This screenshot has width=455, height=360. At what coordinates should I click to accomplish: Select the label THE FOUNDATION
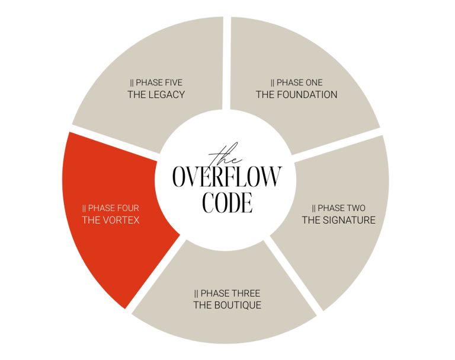[x=296, y=95]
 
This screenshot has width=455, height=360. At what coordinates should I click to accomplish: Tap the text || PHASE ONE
[x=296, y=82]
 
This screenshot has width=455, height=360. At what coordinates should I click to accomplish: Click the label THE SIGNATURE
[x=338, y=221]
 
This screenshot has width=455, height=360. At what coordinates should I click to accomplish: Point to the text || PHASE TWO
[x=339, y=208]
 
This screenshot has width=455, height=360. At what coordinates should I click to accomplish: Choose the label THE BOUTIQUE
[x=227, y=305]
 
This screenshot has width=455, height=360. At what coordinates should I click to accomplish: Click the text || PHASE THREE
[x=227, y=294]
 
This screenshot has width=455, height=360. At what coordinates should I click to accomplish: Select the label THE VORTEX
[x=110, y=221]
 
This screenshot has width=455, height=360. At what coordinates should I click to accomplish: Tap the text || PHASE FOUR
[x=111, y=208]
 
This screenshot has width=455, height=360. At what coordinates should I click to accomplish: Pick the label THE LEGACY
[x=156, y=95]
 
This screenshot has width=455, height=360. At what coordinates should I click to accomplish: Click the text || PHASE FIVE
[x=156, y=82]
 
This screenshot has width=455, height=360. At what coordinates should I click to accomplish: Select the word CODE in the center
[x=227, y=202]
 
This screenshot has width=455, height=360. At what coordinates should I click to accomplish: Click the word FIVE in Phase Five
[x=172, y=82]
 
